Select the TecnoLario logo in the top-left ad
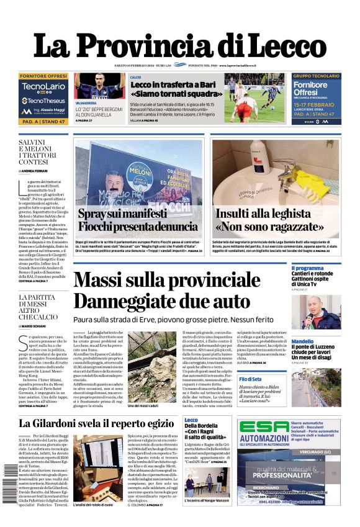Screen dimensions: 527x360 point(43,86)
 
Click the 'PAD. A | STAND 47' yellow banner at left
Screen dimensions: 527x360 point(43,122)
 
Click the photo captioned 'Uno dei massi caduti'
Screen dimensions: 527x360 point(151,360)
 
